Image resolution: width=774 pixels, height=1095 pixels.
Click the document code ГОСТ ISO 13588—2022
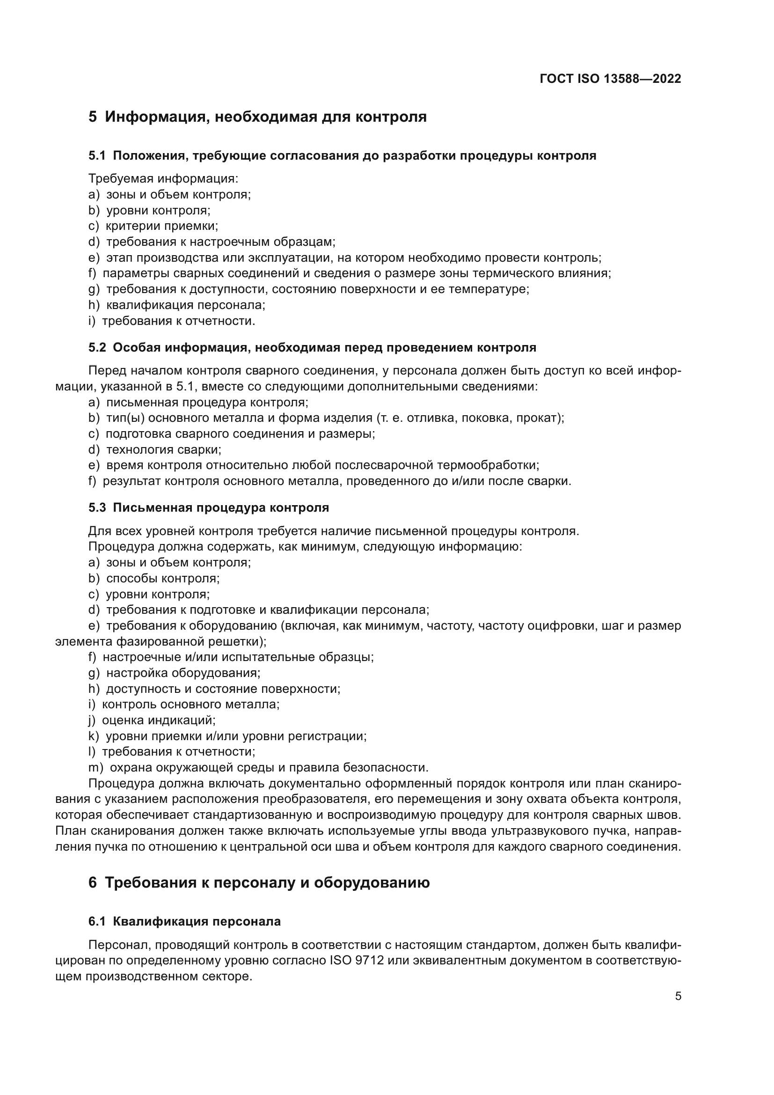click(610, 79)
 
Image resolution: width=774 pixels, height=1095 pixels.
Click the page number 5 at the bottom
click(678, 996)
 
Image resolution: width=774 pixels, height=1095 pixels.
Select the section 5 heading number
click(93, 117)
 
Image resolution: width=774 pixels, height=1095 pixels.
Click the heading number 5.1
click(97, 155)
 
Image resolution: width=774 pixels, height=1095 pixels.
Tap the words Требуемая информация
click(162, 179)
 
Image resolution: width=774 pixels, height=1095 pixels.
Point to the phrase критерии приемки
click(161, 226)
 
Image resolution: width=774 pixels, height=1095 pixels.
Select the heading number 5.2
click(97, 348)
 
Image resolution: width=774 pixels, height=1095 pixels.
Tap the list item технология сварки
click(163, 450)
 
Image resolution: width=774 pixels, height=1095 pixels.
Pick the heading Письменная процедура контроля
click(221, 507)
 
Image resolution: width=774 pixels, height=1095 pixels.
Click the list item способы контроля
click(162, 579)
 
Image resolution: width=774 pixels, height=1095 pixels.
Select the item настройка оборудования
click(183, 673)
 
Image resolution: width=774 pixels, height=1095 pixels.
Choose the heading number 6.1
click(97, 921)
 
